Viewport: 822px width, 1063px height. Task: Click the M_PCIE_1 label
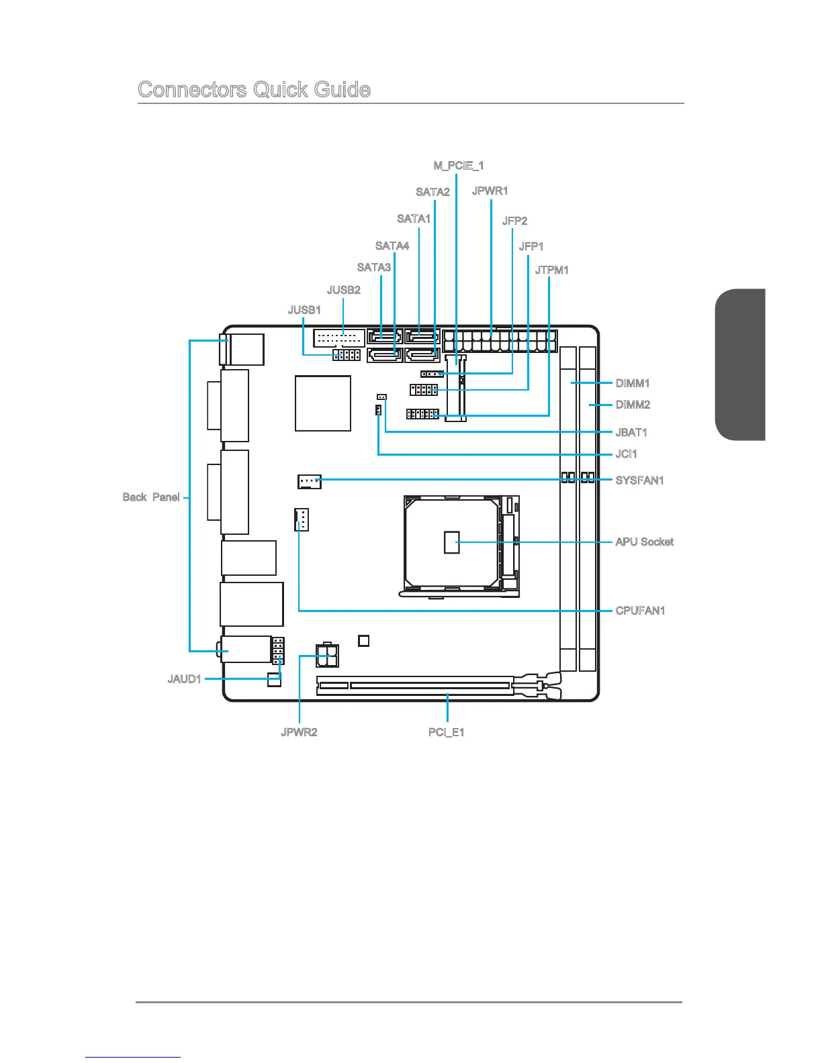point(459,165)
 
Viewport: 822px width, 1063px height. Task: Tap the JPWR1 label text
point(490,191)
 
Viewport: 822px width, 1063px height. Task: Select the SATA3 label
point(373,267)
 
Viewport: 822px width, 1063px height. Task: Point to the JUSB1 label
point(304,310)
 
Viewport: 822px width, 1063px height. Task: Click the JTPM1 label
point(551,270)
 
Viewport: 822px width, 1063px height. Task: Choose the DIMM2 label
point(633,405)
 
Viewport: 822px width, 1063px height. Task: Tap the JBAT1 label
point(631,432)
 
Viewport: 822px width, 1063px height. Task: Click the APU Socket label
point(644,542)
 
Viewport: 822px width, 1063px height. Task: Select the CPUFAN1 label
point(640,611)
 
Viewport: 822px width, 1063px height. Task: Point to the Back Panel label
point(151,497)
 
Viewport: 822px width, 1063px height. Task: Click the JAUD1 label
point(184,679)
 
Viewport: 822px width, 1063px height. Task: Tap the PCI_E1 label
point(446,732)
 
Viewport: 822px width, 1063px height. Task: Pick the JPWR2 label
point(299,732)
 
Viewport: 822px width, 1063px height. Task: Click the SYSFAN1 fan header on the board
point(310,481)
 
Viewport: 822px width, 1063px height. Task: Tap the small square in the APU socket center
point(452,542)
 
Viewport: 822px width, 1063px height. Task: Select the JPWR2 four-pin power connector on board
point(327,655)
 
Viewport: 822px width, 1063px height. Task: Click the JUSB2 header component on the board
point(338,337)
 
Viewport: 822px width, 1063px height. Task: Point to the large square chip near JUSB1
point(323,403)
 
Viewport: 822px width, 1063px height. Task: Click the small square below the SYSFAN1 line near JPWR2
point(364,641)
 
